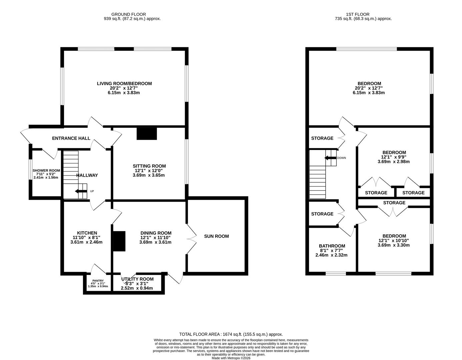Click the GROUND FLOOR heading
click(x=128, y=14)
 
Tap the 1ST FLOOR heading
click(x=358, y=14)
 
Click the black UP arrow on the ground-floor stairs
click(x=81, y=191)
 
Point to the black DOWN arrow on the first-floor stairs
click(x=331, y=158)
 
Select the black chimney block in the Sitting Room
click(x=147, y=133)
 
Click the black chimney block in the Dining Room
click(x=119, y=241)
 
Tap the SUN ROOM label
click(x=216, y=236)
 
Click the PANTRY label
click(x=98, y=281)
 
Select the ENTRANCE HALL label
click(x=71, y=138)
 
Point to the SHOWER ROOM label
click(x=46, y=170)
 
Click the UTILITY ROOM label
click(x=137, y=279)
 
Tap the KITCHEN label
click(x=87, y=233)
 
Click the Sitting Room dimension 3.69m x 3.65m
click(x=149, y=175)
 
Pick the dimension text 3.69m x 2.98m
click(x=394, y=162)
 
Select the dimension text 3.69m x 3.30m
click(x=394, y=245)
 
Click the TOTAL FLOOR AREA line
click(x=231, y=334)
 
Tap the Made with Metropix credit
click(x=231, y=358)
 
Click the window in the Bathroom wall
click(x=336, y=274)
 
